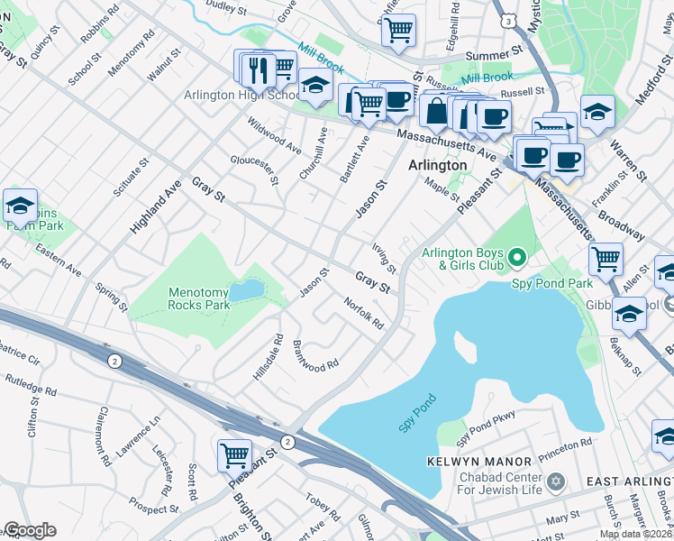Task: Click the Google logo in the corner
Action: tap(30, 530)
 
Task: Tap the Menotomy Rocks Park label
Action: tap(199, 298)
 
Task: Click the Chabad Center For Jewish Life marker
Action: tap(556, 482)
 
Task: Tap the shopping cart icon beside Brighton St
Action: tap(234, 455)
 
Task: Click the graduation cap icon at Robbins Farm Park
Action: tap(20, 206)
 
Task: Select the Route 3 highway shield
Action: tap(510, 19)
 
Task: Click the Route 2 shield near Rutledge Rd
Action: tap(114, 361)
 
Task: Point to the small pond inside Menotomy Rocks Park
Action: tap(247, 289)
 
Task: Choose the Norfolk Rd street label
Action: tap(365, 313)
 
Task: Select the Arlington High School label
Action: tap(241, 95)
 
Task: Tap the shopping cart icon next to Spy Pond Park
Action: tap(606, 259)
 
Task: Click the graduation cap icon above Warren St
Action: tap(597, 112)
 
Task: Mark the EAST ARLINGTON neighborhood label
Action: tap(629, 482)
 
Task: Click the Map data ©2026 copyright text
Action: tap(635, 534)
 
